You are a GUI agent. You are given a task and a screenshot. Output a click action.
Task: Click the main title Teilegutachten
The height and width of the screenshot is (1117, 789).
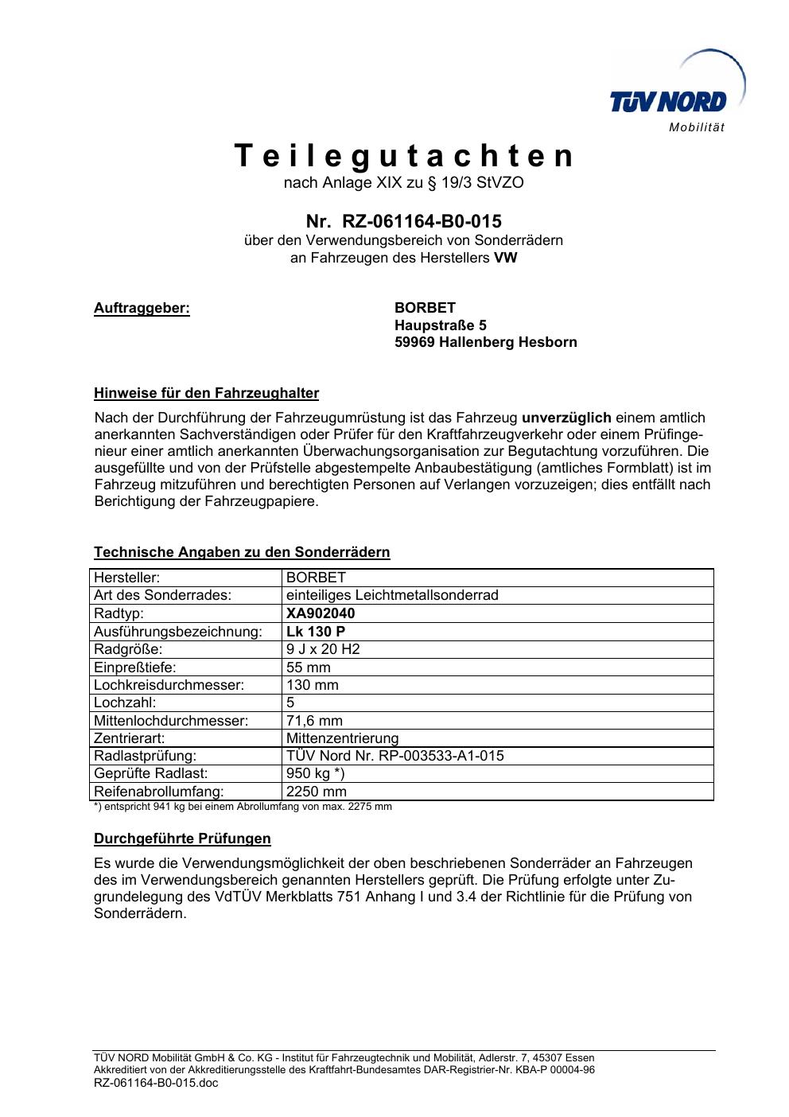pos(404,156)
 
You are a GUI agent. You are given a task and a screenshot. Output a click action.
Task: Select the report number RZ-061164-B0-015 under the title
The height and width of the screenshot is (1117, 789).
pos(422,220)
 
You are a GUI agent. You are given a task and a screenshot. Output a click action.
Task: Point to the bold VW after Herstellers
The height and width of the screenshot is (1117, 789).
pos(505,258)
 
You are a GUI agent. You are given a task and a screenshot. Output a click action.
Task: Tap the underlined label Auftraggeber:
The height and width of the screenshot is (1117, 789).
pos(142,308)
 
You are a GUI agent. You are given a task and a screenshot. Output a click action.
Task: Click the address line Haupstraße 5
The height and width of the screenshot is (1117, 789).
pos(440,325)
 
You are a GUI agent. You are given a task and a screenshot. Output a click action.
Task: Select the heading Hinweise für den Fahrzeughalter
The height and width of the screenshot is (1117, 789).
pos(206,393)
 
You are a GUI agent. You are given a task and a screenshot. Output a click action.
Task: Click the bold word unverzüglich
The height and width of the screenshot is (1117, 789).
pos(566,418)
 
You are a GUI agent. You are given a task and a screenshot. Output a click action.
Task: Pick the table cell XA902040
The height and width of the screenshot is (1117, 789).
pos(321,613)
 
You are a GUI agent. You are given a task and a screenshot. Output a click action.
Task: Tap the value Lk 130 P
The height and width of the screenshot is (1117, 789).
pos(316,632)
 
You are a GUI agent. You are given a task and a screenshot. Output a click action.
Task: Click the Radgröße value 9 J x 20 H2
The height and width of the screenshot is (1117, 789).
pos(323,649)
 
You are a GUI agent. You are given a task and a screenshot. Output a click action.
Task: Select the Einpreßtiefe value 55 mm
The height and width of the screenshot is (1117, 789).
pos(309,667)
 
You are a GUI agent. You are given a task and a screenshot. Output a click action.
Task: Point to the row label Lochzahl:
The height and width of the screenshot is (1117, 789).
pos(125,703)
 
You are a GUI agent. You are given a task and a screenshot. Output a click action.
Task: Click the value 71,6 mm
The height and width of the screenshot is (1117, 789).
pos(314,721)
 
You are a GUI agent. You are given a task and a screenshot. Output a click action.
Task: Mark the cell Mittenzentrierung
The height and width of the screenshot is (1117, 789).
pos(342,738)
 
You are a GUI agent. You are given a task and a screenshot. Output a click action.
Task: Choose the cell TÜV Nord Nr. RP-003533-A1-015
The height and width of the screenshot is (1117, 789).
pos(394,756)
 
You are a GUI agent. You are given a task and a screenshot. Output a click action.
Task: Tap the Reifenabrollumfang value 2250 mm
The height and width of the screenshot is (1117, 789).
pos(317,792)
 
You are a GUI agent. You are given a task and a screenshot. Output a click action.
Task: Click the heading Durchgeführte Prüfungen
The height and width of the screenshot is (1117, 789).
pos(182,839)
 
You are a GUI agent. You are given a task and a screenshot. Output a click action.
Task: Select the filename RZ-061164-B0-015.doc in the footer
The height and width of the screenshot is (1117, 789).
pos(145,1083)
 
